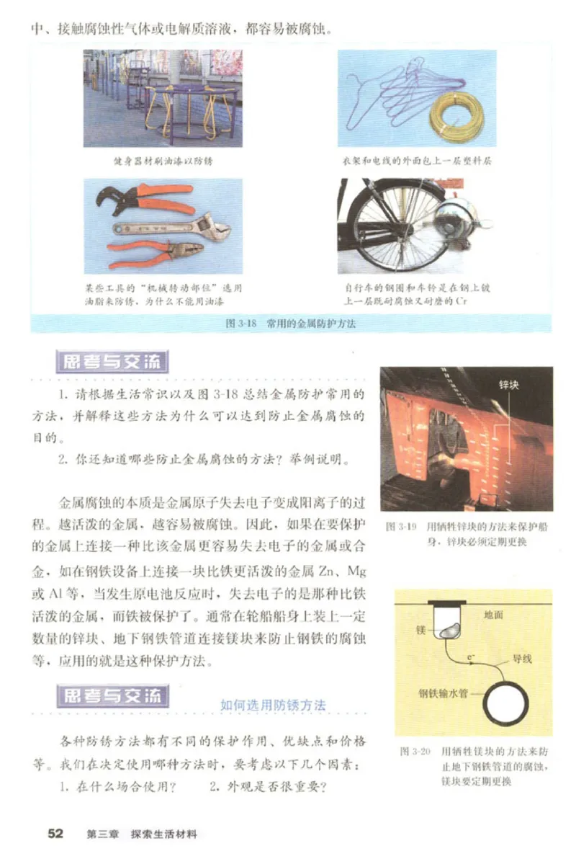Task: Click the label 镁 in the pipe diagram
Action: [x=422, y=629]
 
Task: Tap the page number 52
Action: [x=55, y=834]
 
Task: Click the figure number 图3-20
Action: [x=415, y=751]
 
